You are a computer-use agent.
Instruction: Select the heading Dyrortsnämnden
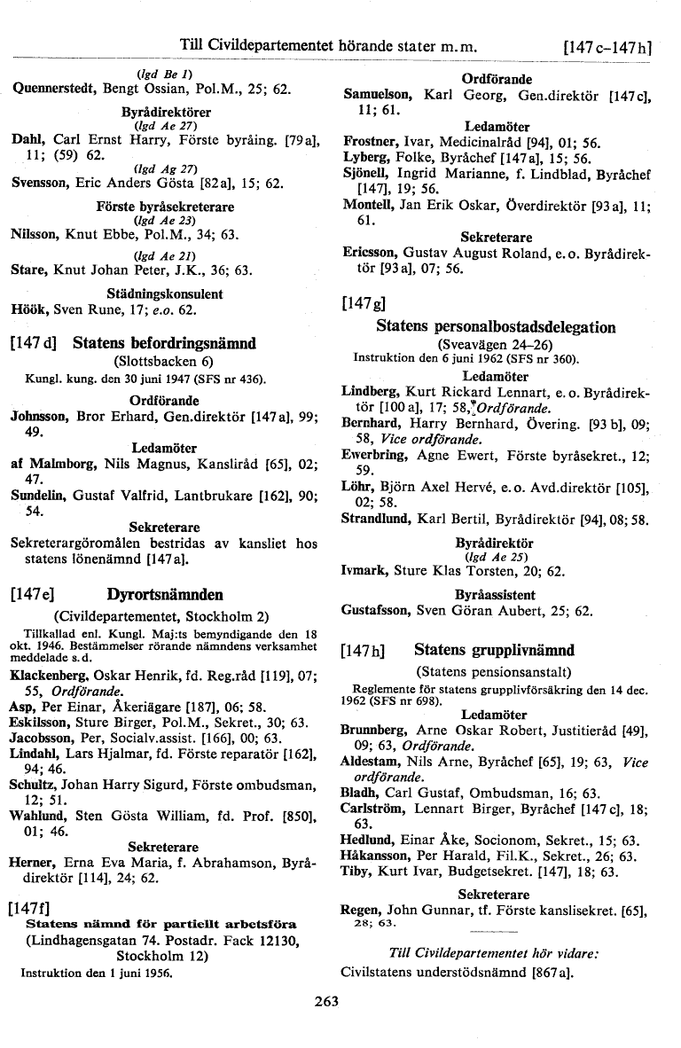pyautogui.click(x=165, y=594)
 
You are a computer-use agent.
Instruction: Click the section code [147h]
pyautogui.click(x=364, y=651)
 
